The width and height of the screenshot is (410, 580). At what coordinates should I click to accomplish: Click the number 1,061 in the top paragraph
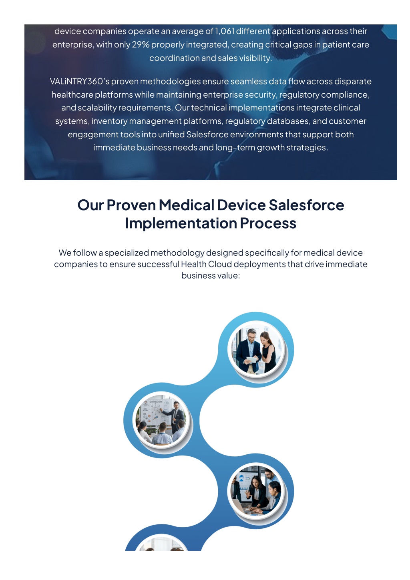pos(224,31)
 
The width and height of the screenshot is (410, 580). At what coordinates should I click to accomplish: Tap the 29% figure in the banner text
pos(141,44)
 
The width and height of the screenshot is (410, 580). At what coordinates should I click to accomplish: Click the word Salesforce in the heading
pos(306,205)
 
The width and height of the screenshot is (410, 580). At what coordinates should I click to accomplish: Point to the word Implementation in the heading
pos(181,223)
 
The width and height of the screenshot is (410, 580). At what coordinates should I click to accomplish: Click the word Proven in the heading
pos(131,205)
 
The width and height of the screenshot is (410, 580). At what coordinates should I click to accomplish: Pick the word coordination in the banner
pos(174,58)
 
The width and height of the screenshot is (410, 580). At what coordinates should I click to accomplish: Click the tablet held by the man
pos(251,360)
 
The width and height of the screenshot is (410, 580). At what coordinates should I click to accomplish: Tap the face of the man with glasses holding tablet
pos(251,336)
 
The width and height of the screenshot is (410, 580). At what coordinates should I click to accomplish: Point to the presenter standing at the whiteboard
pos(176,416)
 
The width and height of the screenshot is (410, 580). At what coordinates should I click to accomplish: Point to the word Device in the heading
pos(241,205)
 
